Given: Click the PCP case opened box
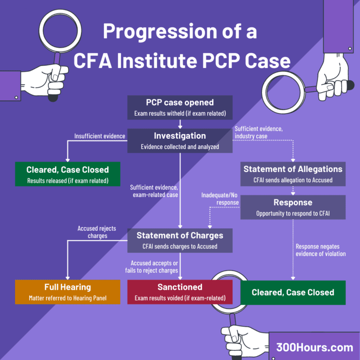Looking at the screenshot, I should pyautogui.click(x=180, y=107).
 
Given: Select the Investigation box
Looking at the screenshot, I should pyautogui.click(x=180, y=141).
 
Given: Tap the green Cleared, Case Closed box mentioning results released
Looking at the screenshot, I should pyautogui.click(x=67, y=174).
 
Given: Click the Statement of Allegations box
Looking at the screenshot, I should pyautogui.click(x=293, y=174).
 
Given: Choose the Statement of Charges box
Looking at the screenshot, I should pyautogui.click(x=180, y=240).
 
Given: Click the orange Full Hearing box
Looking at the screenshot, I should pyautogui.click(x=67, y=292).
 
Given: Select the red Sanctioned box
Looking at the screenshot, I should pyautogui.click(x=180, y=292).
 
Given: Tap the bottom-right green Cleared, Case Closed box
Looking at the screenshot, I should pyautogui.click(x=293, y=292).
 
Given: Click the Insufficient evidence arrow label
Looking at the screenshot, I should pyautogui.click(x=100, y=136).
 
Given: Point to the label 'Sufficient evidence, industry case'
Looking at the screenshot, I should pyautogui.click(x=259, y=132).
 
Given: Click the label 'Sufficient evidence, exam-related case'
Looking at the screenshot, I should pyautogui.click(x=154, y=191).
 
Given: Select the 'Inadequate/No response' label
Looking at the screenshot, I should pyautogui.click(x=220, y=198).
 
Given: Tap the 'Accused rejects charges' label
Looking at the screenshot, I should pyautogui.click(x=97, y=232).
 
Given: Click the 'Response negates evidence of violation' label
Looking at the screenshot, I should pyautogui.click(x=320, y=250).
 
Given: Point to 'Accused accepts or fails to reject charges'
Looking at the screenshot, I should pyautogui.click(x=154, y=267).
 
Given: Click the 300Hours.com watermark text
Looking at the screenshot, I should pyautogui.click(x=315, y=347).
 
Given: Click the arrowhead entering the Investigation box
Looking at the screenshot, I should pyautogui.click(x=180, y=127).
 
